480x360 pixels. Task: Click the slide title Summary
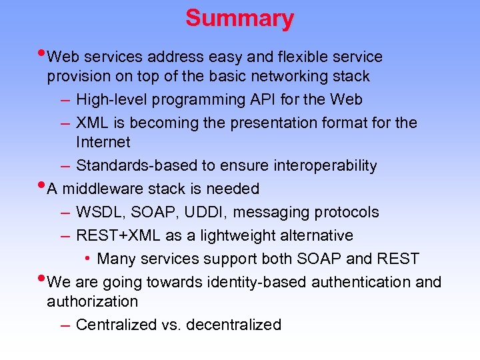click(x=239, y=19)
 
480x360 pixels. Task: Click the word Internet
click(x=103, y=143)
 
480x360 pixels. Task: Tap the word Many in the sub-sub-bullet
click(x=115, y=259)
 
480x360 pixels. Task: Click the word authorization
click(x=92, y=302)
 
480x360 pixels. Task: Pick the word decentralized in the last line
click(x=234, y=325)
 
